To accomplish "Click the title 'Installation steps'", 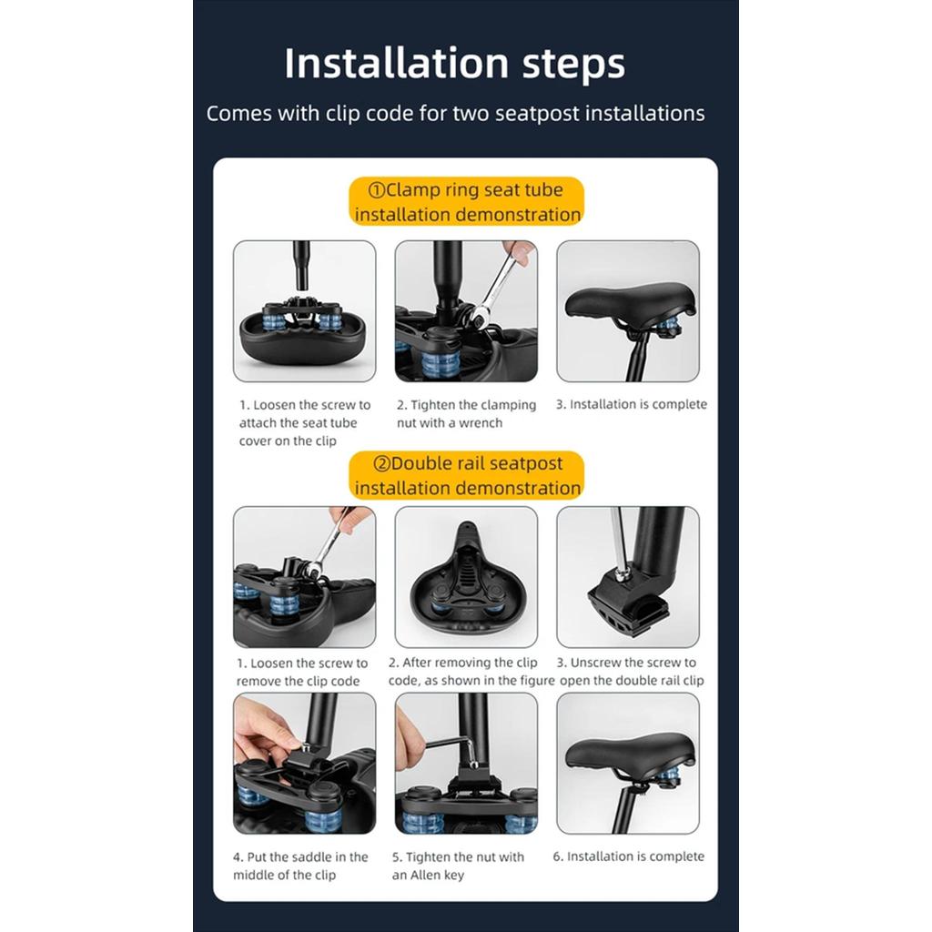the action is [x=455, y=64].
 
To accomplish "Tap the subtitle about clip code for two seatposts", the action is [x=455, y=113].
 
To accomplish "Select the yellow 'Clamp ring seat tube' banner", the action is [x=467, y=201].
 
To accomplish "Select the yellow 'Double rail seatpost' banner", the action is [x=467, y=475].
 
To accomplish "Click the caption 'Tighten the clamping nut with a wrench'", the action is [x=467, y=414].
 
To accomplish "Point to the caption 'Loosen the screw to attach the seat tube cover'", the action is [x=305, y=422].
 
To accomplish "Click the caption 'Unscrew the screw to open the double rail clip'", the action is [x=632, y=672].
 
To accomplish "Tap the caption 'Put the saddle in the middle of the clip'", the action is [x=300, y=866].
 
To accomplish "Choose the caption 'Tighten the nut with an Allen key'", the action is [x=458, y=866].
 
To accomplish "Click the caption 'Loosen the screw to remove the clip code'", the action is [x=302, y=673].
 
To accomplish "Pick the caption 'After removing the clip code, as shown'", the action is [x=471, y=672].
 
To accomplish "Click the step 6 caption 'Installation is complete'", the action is [x=628, y=856].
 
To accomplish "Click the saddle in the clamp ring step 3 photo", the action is [x=630, y=301].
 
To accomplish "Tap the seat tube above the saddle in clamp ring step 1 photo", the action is [x=302, y=265].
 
